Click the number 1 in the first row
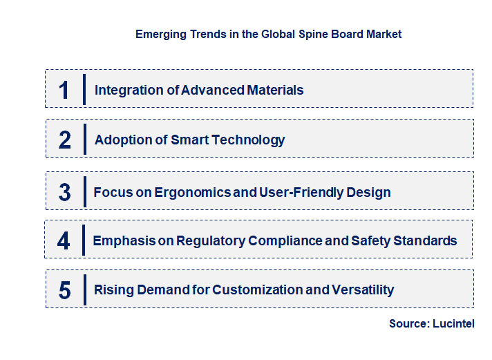[64, 90]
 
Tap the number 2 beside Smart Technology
[65, 140]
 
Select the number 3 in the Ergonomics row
[64, 192]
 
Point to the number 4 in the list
[64, 240]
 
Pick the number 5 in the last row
[64, 290]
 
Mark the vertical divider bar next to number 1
[84, 90]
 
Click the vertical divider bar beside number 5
[84, 290]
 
